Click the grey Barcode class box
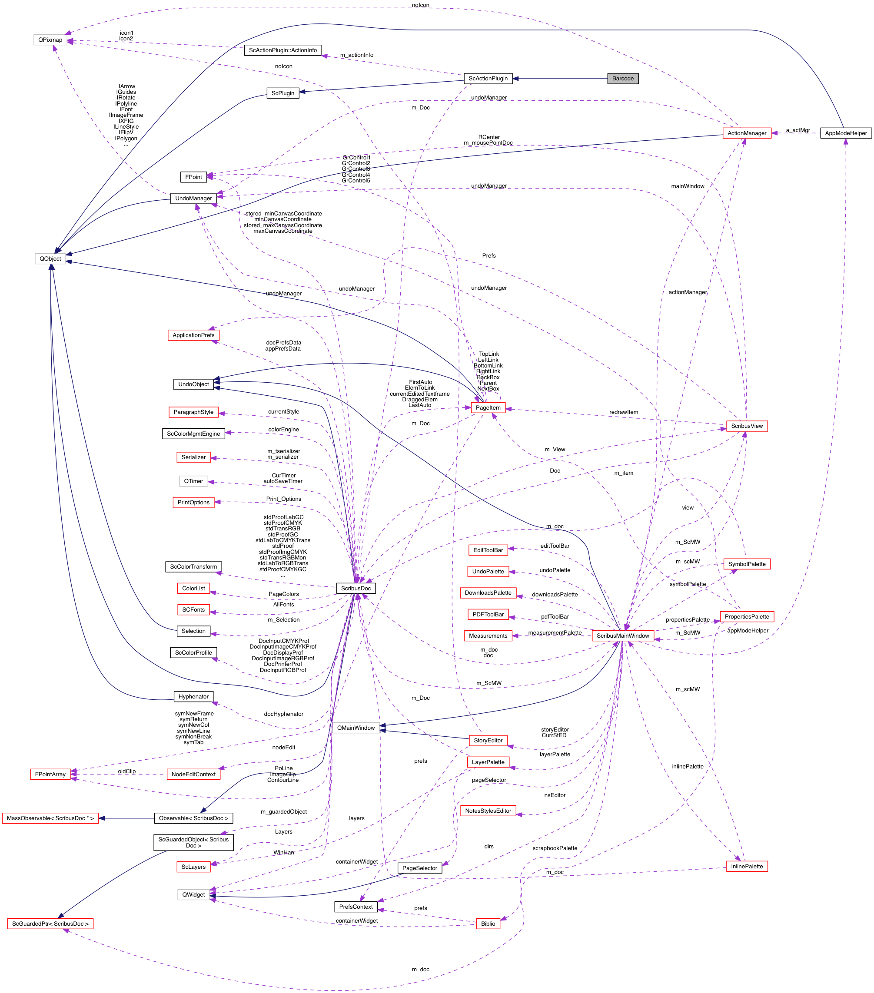click(622, 79)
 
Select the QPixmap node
click(50, 40)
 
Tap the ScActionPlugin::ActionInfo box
click(282, 50)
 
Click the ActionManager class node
click(746, 133)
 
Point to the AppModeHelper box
click(845, 133)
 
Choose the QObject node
click(50, 259)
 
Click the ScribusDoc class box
click(356, 588)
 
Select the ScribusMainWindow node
click(622, 636)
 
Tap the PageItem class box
click(488, 407)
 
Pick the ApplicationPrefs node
click(193, 335)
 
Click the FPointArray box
click(50, 775)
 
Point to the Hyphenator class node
click(193, 697)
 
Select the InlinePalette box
click(746, 867)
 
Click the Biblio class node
click(488, 924)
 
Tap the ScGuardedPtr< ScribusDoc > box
click(50, 924)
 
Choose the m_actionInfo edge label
click(357, 55)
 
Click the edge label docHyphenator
click(283, 714)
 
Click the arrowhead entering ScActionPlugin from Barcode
click(516, 79)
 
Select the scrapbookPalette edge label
click(555, 848)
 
